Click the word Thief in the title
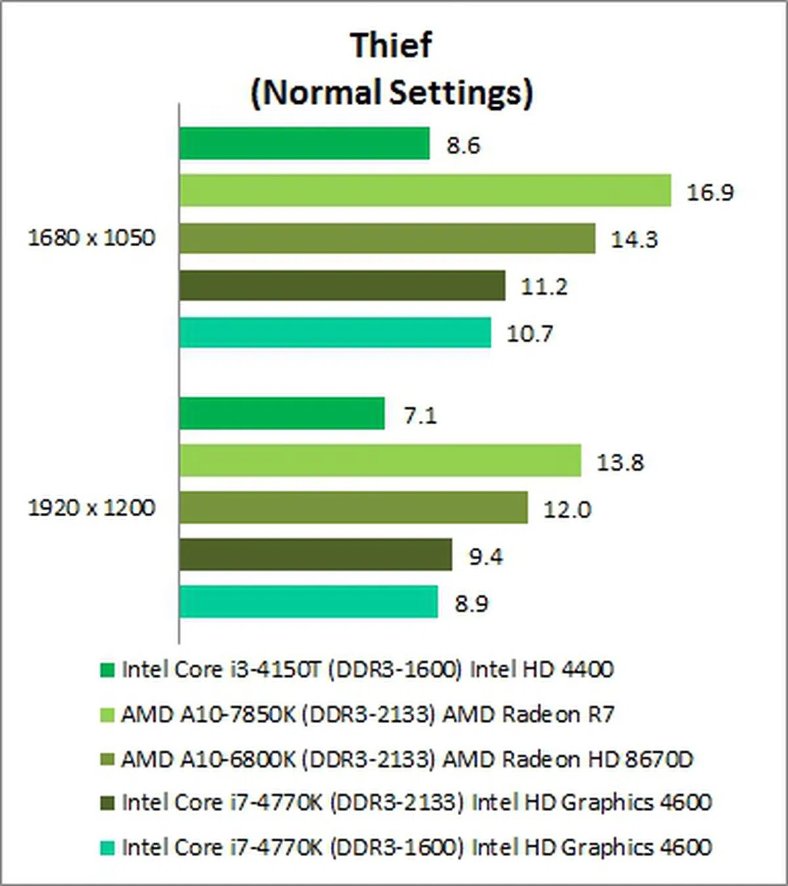click(391, 46)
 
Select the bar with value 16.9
click(425, 190)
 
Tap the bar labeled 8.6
click(304, 143)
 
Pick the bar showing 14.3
click(387, 238)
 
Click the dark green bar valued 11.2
click(342, 285)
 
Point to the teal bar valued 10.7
click(335, 332)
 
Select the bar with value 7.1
click(282, 414)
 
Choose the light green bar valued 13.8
click(380, 460)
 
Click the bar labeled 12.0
click(353, 508)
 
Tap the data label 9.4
click(486, 557)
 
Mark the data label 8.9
click(471, 604)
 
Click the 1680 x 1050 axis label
click(91, 238)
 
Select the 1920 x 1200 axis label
click(91, 508)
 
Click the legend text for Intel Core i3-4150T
click(367, 669)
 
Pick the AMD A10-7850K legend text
click(367, 714)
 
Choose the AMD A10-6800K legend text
click(406, 759)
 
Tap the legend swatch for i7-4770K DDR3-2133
click(107, 803)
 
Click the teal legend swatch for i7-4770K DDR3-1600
click(107, 847)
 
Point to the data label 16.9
click(710, 192)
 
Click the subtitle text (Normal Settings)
click(391, 93)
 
